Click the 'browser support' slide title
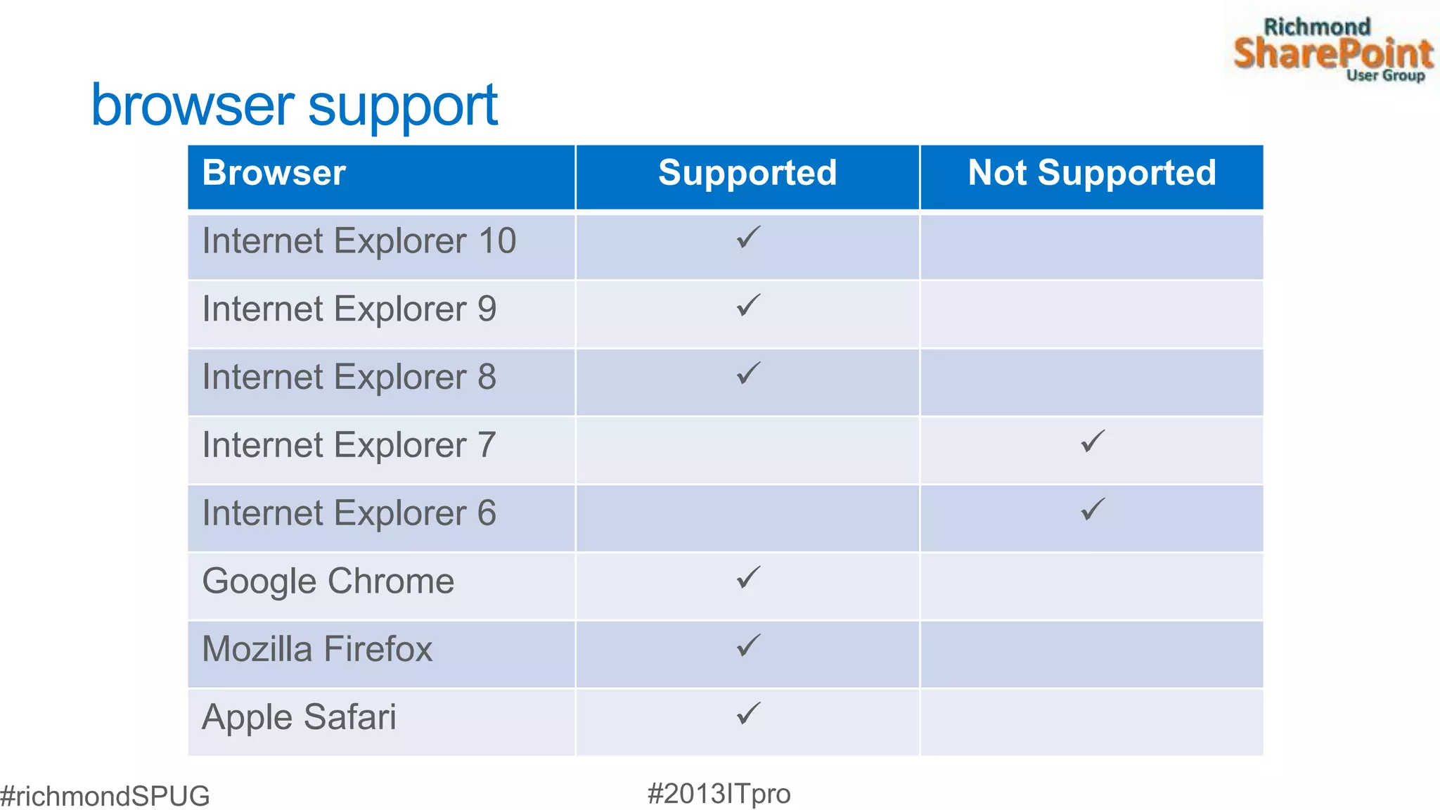[x=294, y=106]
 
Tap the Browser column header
[x=274, y=173]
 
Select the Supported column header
[x=747, y=173]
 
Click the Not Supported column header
[x=1091, y=173]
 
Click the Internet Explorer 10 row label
[x=359, y=241]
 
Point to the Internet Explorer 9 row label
[x=349, y=309]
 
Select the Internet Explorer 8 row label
[x=349, y=378]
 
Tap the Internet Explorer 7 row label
[x=349, y=445]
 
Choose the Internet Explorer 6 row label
[x=349, y=513]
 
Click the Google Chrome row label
[x=328, y=581]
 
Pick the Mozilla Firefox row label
[x=316, y=649]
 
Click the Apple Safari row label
[x=299, y=717]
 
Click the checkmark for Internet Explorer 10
[x=748, y=238]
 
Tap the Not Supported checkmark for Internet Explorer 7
[x=1093, y=442]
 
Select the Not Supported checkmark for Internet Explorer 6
[x=1093, y=510]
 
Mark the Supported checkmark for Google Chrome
[x=748, y=578]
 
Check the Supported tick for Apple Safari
[x=748, y=714]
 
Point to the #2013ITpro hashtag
[x=719, y=794]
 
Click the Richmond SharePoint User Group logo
[x=1332, y=49]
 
